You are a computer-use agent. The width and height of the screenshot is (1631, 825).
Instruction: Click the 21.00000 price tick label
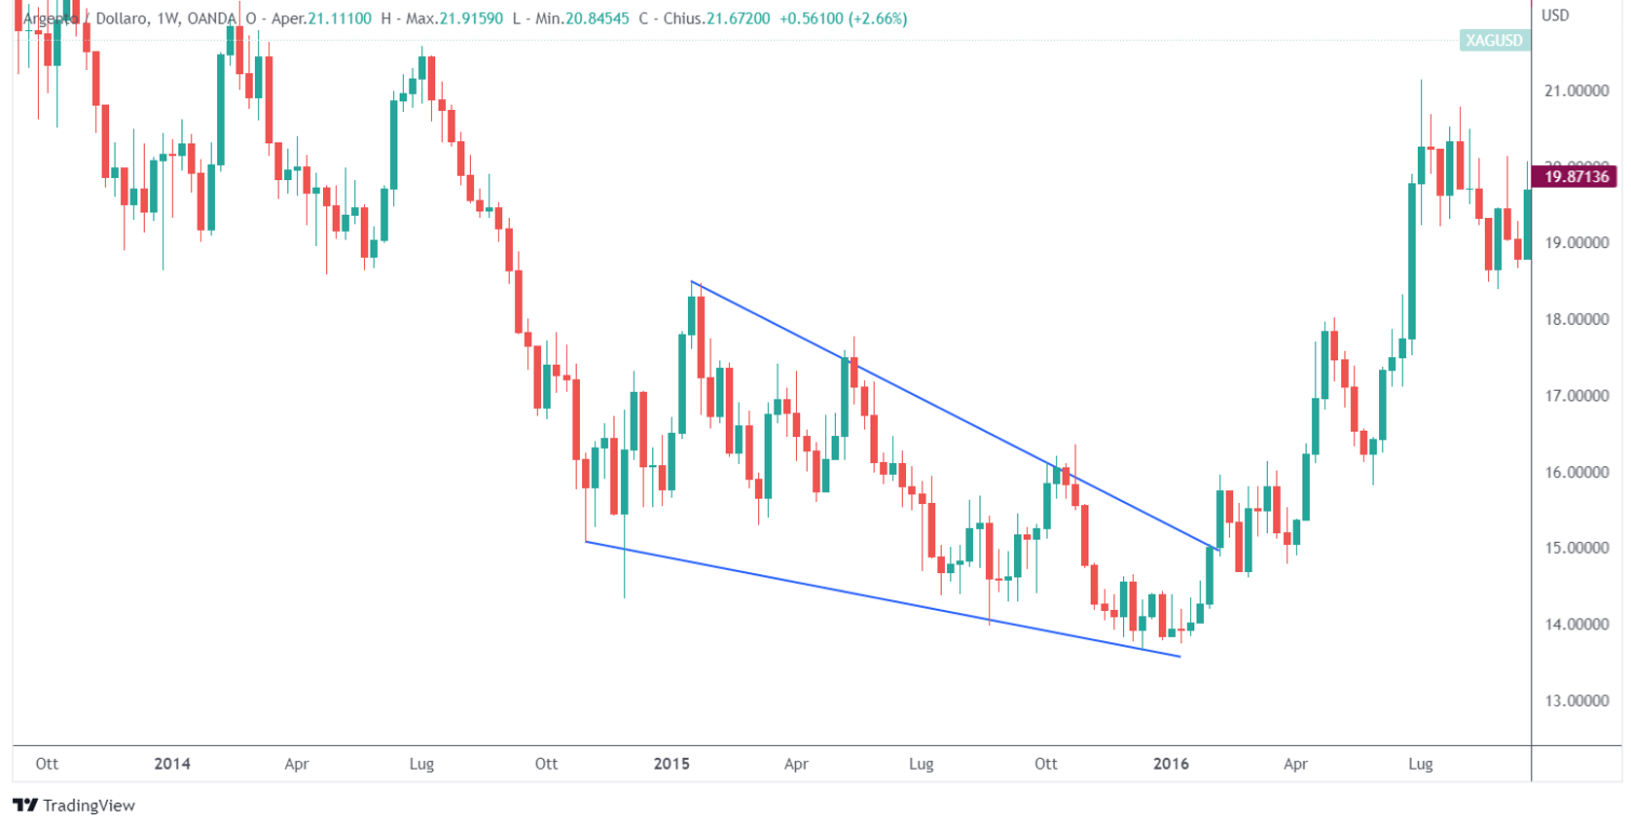tap(1576, 90)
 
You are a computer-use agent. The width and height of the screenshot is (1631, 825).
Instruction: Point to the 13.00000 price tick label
tap(1576, 700)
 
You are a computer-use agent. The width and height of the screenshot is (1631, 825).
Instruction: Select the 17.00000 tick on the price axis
tap(1576, 396)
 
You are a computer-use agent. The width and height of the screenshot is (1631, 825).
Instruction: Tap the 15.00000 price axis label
tap(1576, 548)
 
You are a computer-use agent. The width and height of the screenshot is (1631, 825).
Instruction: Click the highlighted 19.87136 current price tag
tap(1576, 176)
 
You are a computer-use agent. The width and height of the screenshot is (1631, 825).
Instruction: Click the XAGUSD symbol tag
tap(1494, 40)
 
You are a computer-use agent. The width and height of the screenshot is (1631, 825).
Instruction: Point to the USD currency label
tap(1555, 16)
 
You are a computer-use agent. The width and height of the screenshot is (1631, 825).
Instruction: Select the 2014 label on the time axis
tap(172, 764)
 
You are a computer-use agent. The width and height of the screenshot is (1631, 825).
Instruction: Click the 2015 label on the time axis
tap(671, 764)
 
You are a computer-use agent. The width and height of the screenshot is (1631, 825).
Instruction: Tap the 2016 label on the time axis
tap(1171, 764)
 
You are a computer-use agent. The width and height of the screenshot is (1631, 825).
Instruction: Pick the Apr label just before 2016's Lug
tap(1295, 764)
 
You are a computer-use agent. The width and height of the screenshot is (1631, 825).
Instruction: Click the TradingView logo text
tap(89, 806)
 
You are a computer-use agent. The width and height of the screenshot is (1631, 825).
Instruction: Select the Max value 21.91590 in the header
tap(471, 18)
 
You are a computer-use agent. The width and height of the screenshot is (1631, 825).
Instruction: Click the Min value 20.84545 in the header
tap(597, 18)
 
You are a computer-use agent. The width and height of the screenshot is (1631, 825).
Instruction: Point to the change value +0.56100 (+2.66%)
tap(843, 18)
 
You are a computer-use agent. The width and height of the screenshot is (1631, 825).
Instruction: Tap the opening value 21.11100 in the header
tap(340, 18)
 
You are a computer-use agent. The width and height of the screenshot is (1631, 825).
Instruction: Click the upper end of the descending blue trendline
tap(692, 281)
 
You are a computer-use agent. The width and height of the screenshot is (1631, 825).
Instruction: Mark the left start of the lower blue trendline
tap(586, 541)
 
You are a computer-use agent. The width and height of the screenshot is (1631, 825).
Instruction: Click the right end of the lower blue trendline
tap(1179, 657)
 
